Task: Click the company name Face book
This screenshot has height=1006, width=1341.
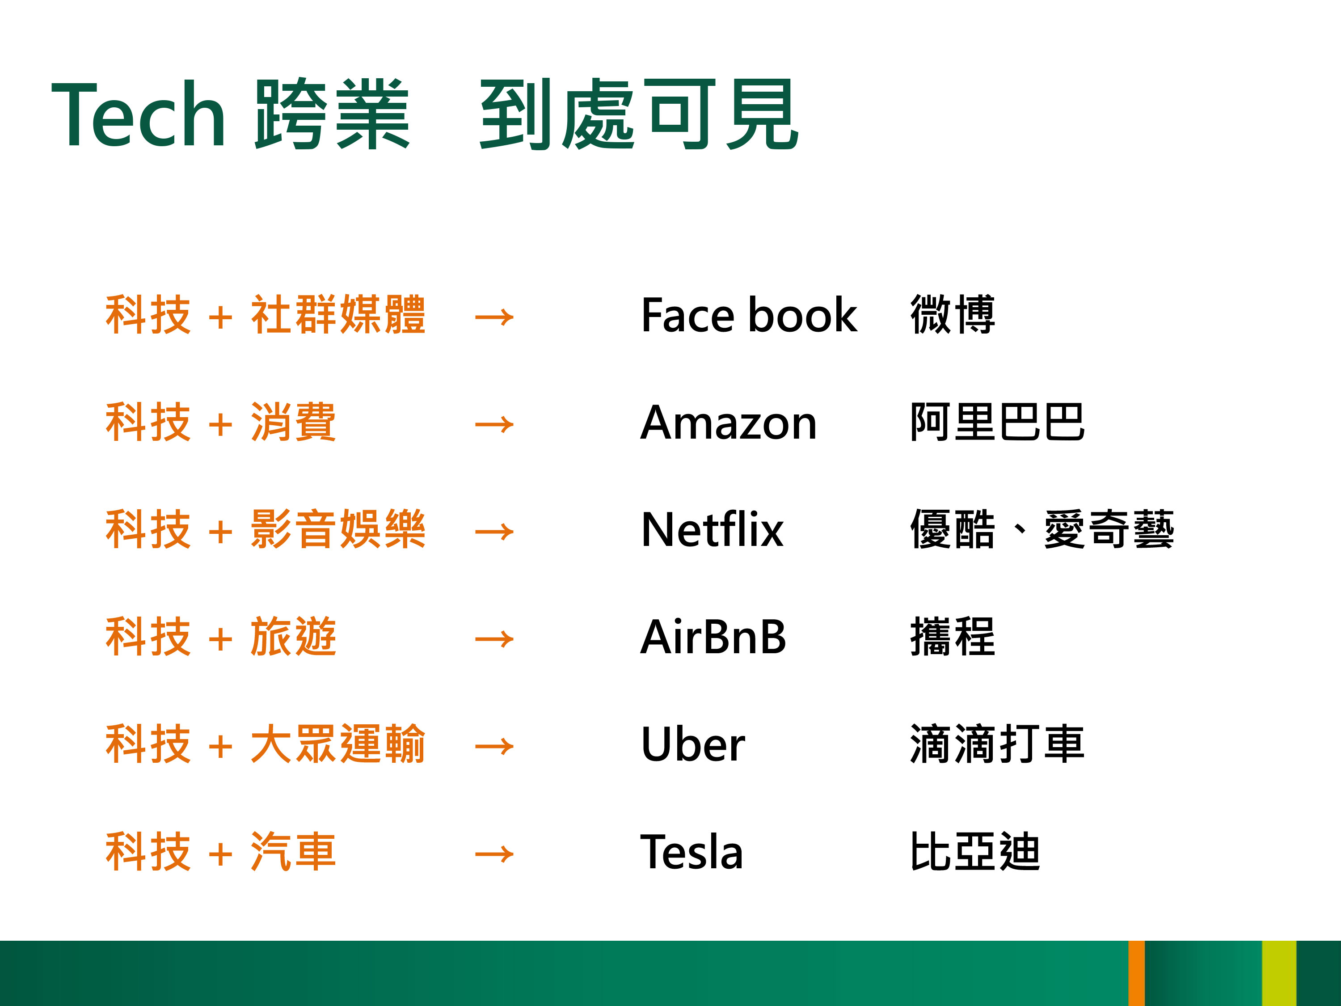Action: pos(749,315)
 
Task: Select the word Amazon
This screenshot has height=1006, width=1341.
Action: pos(729,422)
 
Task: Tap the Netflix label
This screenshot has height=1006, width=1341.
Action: pos(713,529)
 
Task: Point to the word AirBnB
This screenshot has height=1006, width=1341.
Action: pos(713,637)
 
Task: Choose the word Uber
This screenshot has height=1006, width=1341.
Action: pos(693,744)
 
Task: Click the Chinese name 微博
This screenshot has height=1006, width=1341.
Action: pos(953,314)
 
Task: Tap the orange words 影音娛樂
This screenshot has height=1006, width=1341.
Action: pos(337,529)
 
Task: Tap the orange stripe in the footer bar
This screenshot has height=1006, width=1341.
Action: pos(1137,973)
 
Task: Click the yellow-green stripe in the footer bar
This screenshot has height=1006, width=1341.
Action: pos(1279,973)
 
